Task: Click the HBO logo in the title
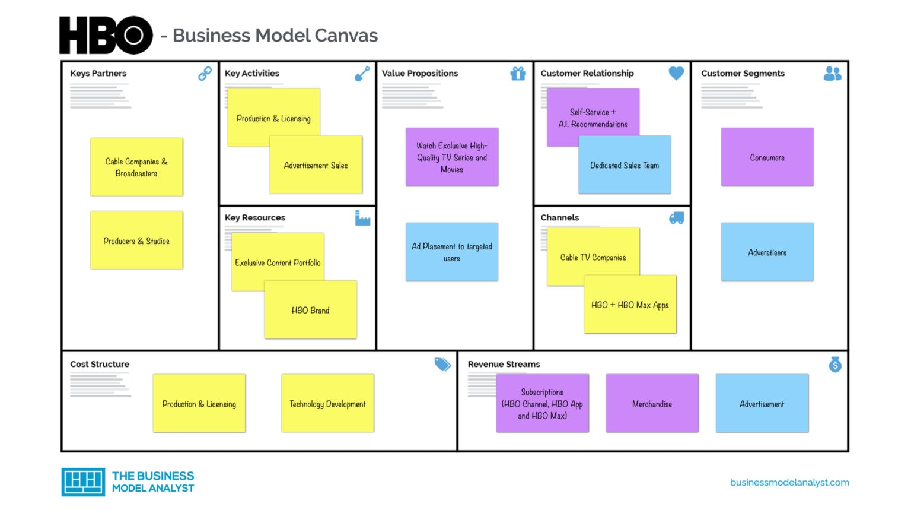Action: click(x=106, y=36)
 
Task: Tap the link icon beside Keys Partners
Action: click(x=205, y=74)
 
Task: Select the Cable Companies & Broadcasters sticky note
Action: click(x=136, y=167)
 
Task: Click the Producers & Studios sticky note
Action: click(x=136, y=240)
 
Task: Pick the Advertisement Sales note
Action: click(x=316, y=166)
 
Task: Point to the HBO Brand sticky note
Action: click(x=311, y=310)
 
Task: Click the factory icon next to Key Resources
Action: click(x=362, y=218)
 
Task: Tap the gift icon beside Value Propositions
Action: click(x=518, y=74)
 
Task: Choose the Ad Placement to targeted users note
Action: click(x=452, y=252)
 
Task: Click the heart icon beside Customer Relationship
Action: click(x=676, y=73)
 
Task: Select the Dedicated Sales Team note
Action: click(x=625, y=166)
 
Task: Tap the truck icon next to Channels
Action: click(x=676, y=218)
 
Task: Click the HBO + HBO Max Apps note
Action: click(x=630, y=305)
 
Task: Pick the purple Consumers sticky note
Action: click(x=767, y=157)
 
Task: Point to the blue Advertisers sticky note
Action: click(x=767, y=252)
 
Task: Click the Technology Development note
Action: click(x=327, y=404)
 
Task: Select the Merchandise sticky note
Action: click(x=652, y=404)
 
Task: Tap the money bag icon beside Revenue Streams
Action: click(x=835, y=364)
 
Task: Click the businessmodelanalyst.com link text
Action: click(x=789, y=482)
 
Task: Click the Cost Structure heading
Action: click(x=100, y=364)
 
